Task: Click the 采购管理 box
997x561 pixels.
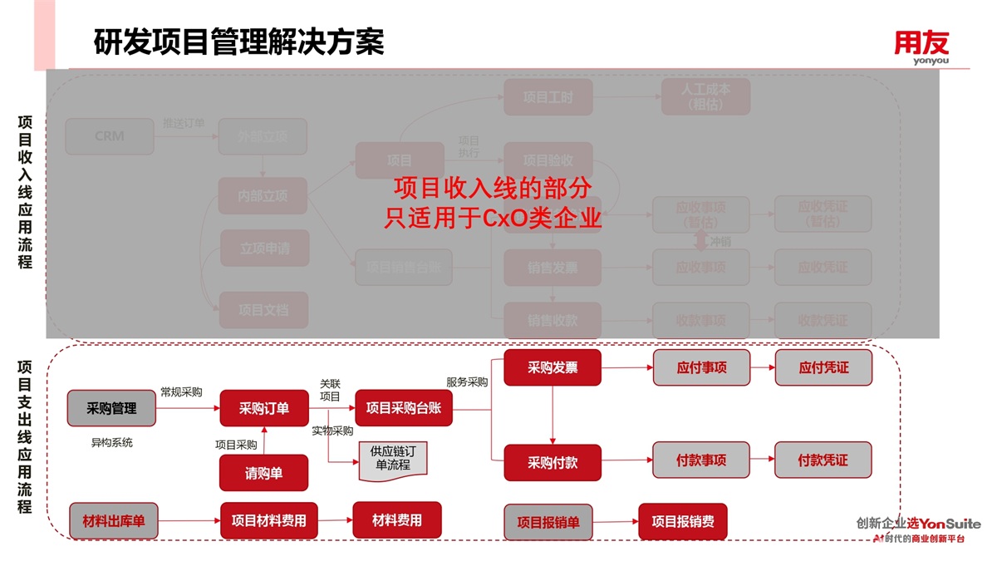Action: [x=111, y=408]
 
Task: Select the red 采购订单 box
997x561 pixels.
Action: [x=263, y=408]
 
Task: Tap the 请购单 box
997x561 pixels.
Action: [x=263, y=473]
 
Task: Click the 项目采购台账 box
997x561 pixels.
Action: [x=404, y=408]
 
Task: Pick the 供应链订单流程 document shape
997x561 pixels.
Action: [x=393, y=460]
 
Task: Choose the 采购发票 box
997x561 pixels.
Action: [x=553, y=367]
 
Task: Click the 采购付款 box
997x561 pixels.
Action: [x=553, y=462]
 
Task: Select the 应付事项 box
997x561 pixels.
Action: [x=701, y=367]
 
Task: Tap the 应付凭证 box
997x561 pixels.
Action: [x=823, y=367]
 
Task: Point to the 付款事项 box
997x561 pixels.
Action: [x=701, y=460]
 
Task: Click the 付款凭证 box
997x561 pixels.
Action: [x=823, y=460]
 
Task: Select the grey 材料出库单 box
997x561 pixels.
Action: [x=113, y=521]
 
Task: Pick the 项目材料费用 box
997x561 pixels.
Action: [x=268, y=521]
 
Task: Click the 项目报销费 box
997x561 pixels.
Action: [x=682, y=522]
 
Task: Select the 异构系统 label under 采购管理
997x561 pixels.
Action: [x=111, y=443]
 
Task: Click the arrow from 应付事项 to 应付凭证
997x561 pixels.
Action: [x=762, y=367]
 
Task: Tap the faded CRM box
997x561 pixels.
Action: [x=110, y=136]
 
